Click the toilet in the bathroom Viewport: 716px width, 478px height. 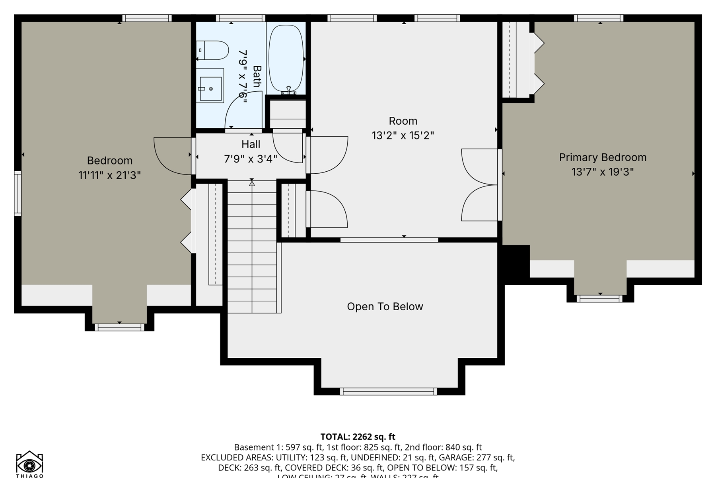214,51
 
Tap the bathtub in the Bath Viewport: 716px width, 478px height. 286,59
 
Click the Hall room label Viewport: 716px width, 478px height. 251,144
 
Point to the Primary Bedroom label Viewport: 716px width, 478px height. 602,157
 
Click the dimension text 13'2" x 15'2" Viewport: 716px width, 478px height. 403,135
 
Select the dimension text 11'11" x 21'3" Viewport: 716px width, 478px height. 109,175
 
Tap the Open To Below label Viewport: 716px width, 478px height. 385,306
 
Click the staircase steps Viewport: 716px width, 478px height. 252,247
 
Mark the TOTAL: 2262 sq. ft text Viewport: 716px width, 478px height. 358,437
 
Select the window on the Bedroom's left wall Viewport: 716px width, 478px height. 18,194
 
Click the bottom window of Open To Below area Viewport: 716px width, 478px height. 388,392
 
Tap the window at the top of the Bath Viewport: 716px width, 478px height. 241,18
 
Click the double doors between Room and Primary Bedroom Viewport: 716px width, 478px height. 479,185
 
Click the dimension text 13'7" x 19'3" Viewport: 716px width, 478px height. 602,172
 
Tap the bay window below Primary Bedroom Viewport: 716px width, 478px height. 599,299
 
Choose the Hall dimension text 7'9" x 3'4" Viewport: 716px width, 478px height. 251,159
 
